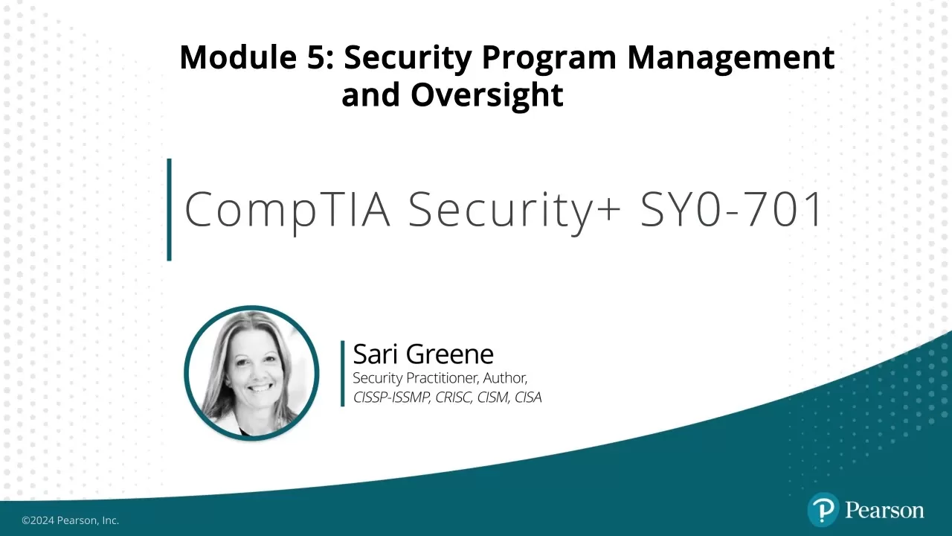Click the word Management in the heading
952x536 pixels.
tap(731, 57)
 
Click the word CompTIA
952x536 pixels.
tap(287, 209)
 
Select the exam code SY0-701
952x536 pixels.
tap(732, 209)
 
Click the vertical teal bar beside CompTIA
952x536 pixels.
tap(170, 209)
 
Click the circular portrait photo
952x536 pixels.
tap(251, 373)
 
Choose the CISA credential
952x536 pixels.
tap(528, 398)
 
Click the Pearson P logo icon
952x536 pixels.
tap(823, 511)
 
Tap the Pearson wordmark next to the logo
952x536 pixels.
tap(884, 511)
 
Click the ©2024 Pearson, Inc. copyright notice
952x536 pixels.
tap(70, 520)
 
